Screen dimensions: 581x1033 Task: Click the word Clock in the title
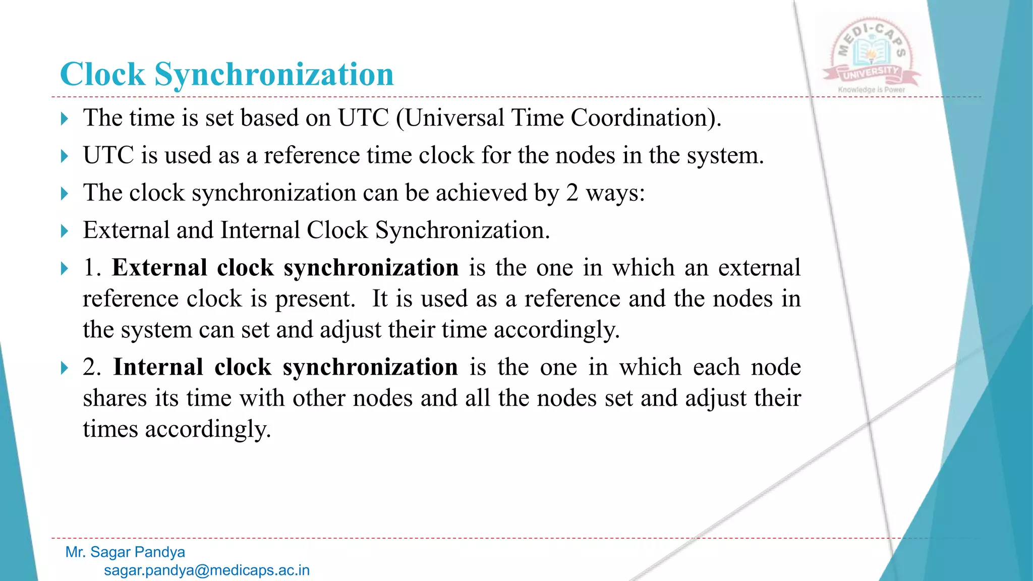pos(103,75)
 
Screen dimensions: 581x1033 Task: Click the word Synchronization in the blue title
pos(274,75)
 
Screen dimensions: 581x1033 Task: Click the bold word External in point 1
pos(159,268)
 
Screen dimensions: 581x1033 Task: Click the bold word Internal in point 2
pos(158,367)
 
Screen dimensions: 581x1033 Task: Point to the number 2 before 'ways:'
pos(571,193)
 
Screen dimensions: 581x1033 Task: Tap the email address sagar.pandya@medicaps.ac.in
pos(207,570)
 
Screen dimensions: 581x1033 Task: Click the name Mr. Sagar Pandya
pos(125,552)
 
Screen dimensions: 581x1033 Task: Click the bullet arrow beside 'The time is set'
pos(64,119)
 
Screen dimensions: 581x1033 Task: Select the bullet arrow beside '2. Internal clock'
pos(64,368)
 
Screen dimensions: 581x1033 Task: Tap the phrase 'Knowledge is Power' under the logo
pos(871,90)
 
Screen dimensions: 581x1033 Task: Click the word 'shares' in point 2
pos(114,398)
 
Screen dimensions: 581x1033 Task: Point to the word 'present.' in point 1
pos(316,299)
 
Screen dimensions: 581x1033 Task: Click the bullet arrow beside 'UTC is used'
pos(64,156)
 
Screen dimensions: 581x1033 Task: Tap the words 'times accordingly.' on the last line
pos(177,430)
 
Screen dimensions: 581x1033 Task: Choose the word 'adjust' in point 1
pos(351,330)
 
